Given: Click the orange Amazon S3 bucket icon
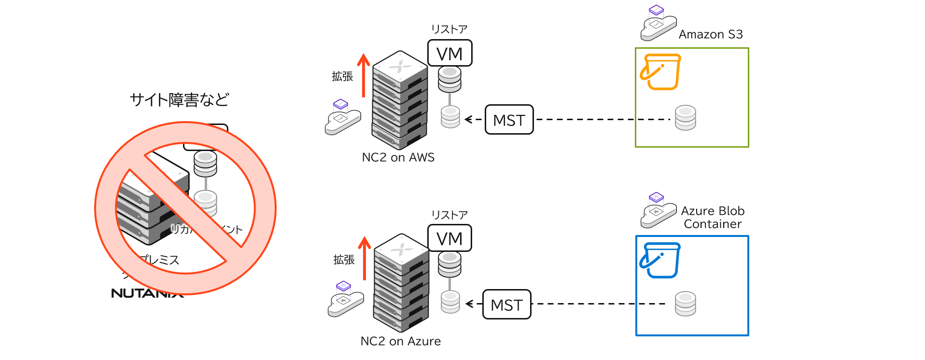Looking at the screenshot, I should [660, 72].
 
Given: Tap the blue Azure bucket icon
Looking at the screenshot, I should [660, 260].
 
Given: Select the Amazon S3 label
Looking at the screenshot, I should [710, 34].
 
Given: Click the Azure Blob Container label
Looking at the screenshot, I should [713, 217].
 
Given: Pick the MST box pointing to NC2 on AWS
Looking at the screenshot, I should [509, 120].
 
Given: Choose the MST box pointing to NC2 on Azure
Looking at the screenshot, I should [506, 305].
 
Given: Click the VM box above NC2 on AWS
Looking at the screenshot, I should [449, 53].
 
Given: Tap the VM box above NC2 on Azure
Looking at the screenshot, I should [449, 238].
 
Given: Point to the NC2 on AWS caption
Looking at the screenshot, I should [398, 157].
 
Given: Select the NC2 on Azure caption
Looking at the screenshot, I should [400, 341].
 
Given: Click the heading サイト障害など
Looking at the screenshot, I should [179, 100].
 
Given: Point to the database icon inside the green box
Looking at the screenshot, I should [685, 118].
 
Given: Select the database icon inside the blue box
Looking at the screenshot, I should [685, 304].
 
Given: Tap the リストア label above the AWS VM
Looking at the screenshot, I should [449, 29].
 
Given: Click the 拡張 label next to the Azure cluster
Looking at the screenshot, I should [344, 260].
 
